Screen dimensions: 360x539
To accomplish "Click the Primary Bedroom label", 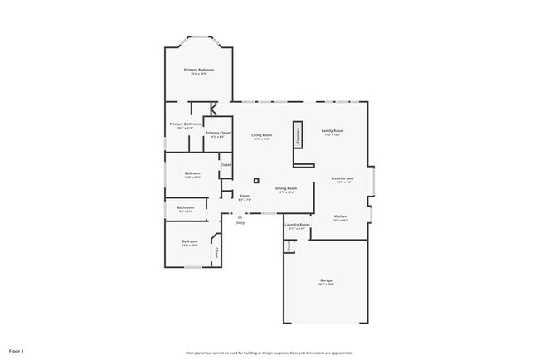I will tap(199, 70).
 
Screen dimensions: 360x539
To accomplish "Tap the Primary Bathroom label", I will tap(185, 124).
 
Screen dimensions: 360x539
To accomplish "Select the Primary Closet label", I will tap(218, 133).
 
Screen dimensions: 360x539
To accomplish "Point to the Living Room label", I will tap(263, 134).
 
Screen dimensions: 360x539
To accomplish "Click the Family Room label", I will tap(333, 131).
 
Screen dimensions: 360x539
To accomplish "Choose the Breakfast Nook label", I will tap(342, 178).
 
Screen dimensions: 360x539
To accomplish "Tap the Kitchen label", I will tap(340, 216).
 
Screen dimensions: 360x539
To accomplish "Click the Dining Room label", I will tap(286, 188).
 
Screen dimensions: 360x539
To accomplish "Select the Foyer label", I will tap(245, 196).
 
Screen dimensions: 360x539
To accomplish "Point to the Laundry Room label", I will tap(297, 224).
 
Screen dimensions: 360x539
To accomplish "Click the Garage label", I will tap(326, 280).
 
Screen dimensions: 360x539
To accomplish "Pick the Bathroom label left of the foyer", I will tap(185, 207).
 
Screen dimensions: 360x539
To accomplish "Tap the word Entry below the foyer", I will tap(240, 223).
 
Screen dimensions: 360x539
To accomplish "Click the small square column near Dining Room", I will tap(256, 180).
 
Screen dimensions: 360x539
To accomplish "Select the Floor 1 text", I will tap(17, 352).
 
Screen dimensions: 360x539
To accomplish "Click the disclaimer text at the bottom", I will tap(269, 353).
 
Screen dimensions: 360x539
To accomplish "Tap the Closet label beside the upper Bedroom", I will tap(225, 164).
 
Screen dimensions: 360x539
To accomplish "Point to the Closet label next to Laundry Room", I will tap(289, 246).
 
